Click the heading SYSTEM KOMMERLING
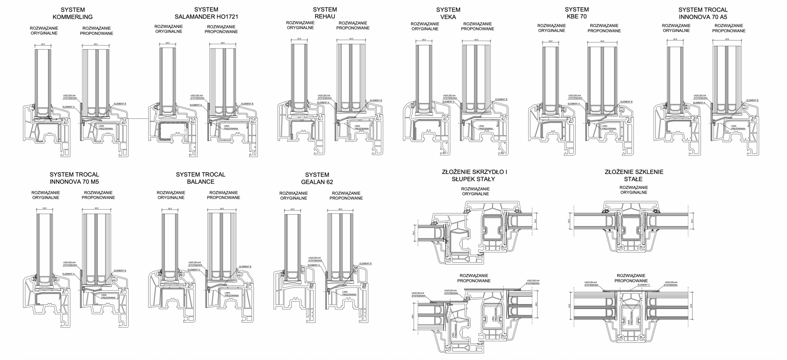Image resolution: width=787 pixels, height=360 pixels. (73, 13)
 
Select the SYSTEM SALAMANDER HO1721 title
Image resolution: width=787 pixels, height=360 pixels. (206, 13)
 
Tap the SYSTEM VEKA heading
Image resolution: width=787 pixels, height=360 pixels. (448, 13)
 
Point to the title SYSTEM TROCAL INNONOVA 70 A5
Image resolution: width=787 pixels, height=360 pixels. (703, 13)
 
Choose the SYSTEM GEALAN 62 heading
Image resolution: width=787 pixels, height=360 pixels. (317, 178)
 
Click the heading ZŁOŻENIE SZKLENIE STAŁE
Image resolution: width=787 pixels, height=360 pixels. (634, 175)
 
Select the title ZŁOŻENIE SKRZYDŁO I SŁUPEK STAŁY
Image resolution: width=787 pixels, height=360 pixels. (475, 175)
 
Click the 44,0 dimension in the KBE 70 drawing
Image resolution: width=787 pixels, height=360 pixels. (602, 41)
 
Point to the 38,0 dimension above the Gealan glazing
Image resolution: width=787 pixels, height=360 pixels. (340, 209)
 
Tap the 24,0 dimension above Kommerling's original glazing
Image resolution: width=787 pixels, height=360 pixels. (43, 44)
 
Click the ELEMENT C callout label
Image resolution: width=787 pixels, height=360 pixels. (644, 285)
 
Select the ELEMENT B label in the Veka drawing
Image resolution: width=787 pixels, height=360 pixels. (501, 99)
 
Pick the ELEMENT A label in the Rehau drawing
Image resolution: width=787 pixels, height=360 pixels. (323, 102)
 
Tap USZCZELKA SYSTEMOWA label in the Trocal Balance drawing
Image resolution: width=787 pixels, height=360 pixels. (195, 264)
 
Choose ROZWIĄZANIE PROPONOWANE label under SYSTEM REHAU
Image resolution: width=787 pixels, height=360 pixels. (353, 25)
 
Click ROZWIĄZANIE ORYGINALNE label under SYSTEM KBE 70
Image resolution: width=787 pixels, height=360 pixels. (552, 28)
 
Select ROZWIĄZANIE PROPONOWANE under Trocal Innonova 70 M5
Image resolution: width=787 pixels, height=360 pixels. (98, 195)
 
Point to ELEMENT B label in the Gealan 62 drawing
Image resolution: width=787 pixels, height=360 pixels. (365, 263)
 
